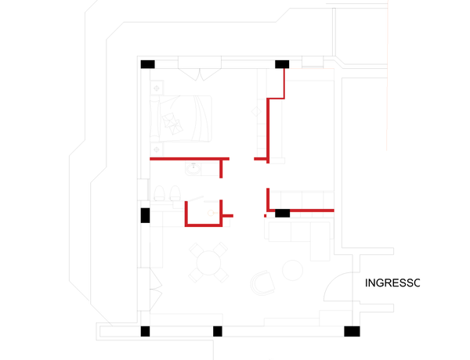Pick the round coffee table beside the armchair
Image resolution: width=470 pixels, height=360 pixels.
pos(292,271)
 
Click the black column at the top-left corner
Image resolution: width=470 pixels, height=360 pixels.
pos(147,64)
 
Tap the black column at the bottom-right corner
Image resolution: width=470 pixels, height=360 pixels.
pos(352,331)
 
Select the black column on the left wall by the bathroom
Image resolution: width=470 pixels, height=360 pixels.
pos(144,215)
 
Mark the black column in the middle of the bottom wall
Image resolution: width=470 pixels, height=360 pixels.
pos(218,331)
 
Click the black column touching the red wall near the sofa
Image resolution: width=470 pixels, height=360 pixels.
pos(282,212)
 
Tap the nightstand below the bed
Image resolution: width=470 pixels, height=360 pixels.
pos(157,147)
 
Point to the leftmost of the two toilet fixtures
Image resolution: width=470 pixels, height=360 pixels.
pos(159,194)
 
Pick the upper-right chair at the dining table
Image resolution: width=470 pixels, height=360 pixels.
pos(224,250)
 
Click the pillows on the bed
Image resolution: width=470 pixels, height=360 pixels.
pos(171,120)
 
